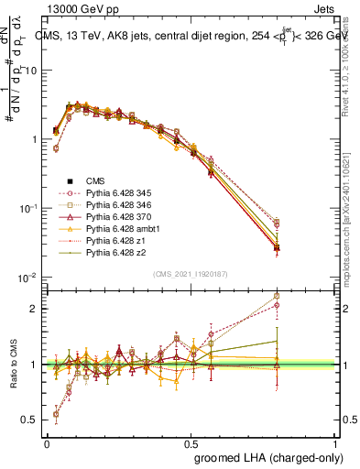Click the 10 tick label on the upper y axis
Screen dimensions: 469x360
tap(31, 71)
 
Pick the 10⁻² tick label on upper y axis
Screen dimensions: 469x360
tap(27, 277)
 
